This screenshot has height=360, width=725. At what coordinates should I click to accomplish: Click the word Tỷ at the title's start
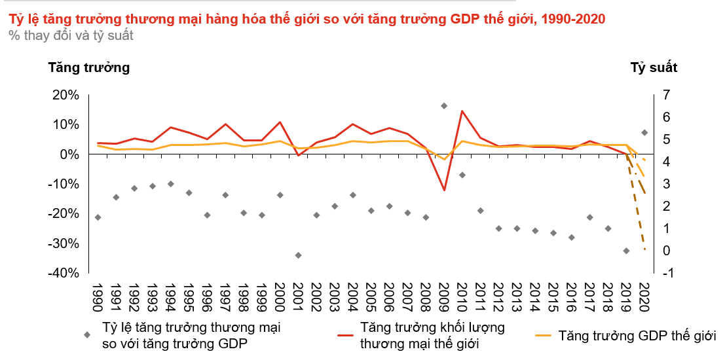[x=15, y=20]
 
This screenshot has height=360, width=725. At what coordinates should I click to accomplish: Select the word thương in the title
[x=145, y=20]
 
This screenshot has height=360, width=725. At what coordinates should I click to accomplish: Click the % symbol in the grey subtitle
[x=14, y=36]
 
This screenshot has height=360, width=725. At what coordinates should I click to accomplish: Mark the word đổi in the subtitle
[x=62, y=36]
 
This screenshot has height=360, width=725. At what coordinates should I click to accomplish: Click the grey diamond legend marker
[x=87, y=334]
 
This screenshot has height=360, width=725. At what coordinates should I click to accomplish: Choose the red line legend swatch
[x=345, y=335]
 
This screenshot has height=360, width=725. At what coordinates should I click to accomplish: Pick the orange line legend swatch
[x=543, y=335]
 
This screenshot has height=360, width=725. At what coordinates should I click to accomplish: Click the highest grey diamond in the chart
[x=444, y=105]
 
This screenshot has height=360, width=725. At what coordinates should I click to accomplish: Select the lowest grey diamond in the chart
[x=298, y=255]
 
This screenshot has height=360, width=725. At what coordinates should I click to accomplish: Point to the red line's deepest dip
[x=444, y=189]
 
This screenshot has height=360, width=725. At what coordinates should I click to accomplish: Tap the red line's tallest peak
[x=462, y=111]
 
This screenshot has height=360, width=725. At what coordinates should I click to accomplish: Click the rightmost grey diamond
[x=644, y=132]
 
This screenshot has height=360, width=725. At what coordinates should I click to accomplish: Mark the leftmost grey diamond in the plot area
[x=98, y=217]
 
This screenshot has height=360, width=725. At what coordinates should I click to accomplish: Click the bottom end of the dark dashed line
[x=645, y=249]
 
